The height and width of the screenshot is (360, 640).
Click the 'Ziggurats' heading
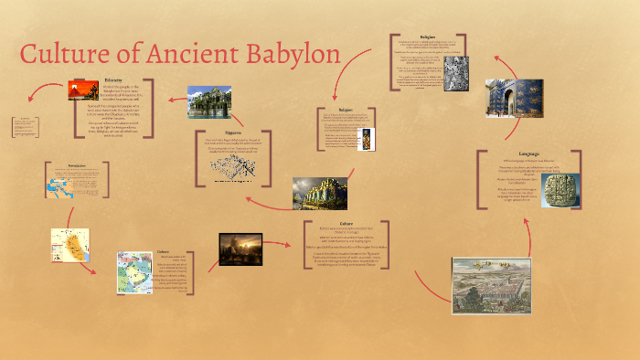point(234,132)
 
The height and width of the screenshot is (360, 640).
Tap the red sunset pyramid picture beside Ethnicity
point(83,90)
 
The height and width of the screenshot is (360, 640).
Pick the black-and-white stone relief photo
point(455,76)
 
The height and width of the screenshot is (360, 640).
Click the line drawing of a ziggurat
point(233,166)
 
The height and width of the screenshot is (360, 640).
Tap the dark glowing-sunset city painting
point(241,249)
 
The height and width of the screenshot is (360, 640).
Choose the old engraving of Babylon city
point(491,285)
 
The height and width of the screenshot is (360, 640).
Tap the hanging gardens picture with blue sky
point(209,102)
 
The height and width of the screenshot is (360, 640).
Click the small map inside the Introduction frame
point(61,186)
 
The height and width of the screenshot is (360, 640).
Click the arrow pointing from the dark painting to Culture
point(285,246)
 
